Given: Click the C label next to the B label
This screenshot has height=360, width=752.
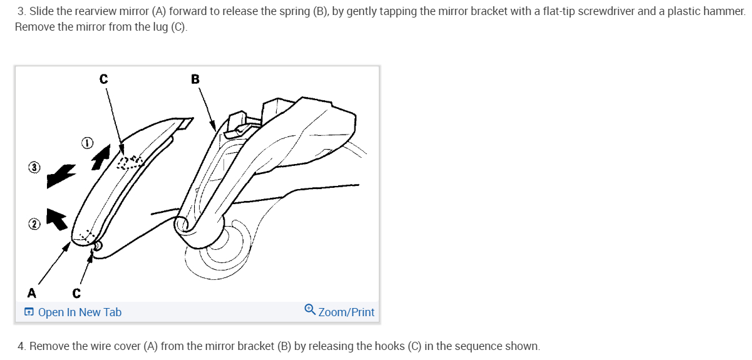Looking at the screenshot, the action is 103,79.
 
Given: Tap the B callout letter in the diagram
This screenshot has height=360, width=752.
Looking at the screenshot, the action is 195,79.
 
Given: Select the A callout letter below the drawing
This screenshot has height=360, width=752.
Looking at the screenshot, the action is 31,292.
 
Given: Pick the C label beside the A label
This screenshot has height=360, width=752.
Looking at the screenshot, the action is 76,292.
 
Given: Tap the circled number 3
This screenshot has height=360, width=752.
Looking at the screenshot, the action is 34,167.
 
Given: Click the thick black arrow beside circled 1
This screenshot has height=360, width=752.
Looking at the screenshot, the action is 100,157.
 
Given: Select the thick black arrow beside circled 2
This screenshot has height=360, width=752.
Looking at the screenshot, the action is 57,219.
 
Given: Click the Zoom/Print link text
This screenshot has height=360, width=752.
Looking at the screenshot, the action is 346,312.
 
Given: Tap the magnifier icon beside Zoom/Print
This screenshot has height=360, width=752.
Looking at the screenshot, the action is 310,311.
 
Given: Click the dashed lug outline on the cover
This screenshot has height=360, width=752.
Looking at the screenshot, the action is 130,163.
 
